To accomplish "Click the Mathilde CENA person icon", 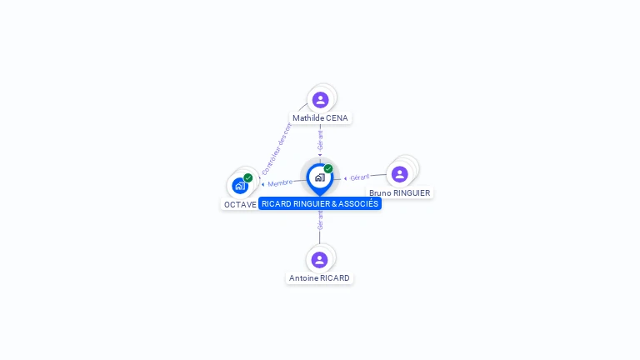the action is tap(320, 100).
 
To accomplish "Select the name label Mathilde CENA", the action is tap(320, 118).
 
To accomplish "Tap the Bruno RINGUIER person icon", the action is tap(399, 174).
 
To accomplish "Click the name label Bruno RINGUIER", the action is tap(400, 192).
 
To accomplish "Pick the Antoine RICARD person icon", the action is tap(319, 260).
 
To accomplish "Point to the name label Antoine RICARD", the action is tap(319, 278).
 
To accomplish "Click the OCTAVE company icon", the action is tap(240, 186).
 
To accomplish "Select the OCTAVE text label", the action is tap(240, 204).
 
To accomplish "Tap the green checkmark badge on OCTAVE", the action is tap(248, 177).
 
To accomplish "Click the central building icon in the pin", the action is tap(319, 177).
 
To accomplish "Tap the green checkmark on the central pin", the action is tap(328, 168).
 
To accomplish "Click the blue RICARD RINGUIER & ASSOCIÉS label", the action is tap(320, 203).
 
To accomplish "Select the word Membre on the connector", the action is tap(281, 182).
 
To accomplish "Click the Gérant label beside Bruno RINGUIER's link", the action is tap(360, 177).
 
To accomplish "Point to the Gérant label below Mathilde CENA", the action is tap(320, 140).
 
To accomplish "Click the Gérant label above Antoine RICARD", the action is tap(320, 219).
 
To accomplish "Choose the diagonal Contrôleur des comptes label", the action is tap(275, 148).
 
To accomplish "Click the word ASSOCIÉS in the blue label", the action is tap(359, 203).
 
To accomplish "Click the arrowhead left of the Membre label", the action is tap(263, 184).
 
